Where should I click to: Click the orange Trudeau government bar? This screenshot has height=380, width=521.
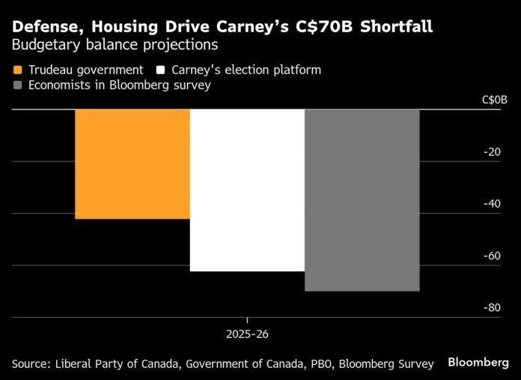click(x=132, y=164)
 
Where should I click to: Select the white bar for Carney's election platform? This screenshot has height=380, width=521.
click(x=247, y=190)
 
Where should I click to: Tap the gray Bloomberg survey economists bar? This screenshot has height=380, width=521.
click(x=362, y=200)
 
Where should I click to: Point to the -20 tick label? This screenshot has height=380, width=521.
click(x=491, y=152)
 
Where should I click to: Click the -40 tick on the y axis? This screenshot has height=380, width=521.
click(x=491, y=204)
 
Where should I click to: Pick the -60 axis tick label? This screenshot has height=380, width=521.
click(x=491, y=256)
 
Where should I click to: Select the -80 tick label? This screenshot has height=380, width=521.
click(x=491, y=308)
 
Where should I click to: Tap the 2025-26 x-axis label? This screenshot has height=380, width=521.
click(x=248, y=333)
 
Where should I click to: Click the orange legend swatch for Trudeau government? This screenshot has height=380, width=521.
click(x=17, y=70)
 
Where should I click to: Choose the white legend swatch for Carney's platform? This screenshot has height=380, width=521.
click(x=160, y=70)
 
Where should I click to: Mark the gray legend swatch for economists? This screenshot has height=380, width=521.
click(x=17, y=85)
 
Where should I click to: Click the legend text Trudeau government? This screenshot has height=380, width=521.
click(x=85, y=70)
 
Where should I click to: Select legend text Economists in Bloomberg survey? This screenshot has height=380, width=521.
click(x=120, y=85)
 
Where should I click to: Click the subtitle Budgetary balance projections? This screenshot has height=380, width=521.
click(x=115, y=45)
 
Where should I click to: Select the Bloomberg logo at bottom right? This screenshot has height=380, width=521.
click(x=478, y=362)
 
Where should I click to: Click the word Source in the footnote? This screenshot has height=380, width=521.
click(x=31, y=364)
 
